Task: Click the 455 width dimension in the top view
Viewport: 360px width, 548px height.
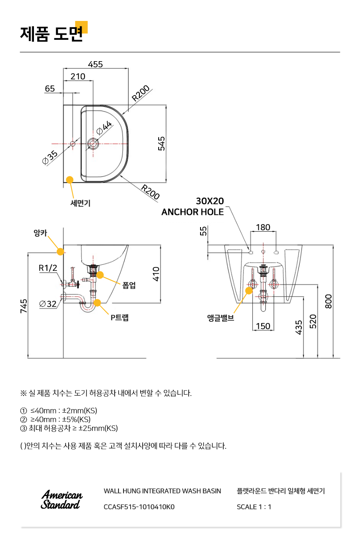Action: tap(95, 65)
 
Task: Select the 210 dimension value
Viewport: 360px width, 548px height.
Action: tap(78, 77)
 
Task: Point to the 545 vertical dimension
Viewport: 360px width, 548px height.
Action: tap(161, 144)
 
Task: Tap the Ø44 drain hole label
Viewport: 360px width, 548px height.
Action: tap(104, 128)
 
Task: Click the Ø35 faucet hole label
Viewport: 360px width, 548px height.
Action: tap(50, 157)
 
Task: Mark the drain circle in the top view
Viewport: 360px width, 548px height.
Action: tap(93, 144)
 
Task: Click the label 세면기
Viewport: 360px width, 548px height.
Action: tap(80, 203)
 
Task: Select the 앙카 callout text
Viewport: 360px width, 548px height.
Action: tap(40, 233)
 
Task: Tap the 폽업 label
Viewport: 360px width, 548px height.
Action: tap(129, 285)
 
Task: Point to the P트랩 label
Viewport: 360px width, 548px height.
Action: tap(119, 318)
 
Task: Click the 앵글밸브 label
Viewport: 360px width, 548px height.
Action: tap(221, 318)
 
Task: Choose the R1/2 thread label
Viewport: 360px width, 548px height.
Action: tap(48, 268)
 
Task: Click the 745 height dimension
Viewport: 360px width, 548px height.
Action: tap(24, 306)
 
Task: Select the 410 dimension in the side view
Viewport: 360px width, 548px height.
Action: tap(156, 274)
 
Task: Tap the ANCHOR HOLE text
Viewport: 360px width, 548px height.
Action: tap(193, 212)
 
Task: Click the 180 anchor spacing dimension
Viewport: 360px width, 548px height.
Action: tap(263, 227)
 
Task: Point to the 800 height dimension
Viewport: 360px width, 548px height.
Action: tap(329, 301)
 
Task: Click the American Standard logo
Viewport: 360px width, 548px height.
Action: tap(62, 499)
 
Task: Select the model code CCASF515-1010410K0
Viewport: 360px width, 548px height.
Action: tap(139, 507)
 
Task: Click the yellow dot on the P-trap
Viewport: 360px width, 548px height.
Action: tap(97, 303)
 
